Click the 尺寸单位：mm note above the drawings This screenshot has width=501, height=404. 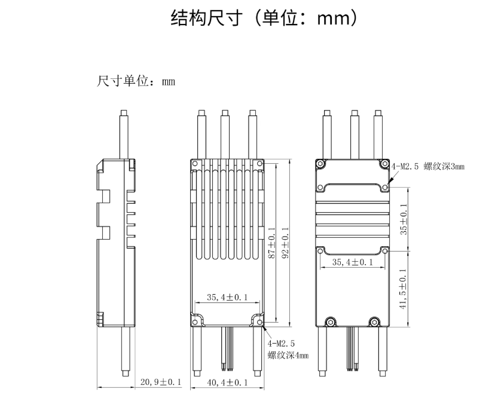pos(136,81)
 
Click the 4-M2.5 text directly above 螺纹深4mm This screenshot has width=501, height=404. pos(280,344)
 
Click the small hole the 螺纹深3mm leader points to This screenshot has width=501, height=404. pos(385,187)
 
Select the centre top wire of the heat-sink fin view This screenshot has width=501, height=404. pos(225,134)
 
